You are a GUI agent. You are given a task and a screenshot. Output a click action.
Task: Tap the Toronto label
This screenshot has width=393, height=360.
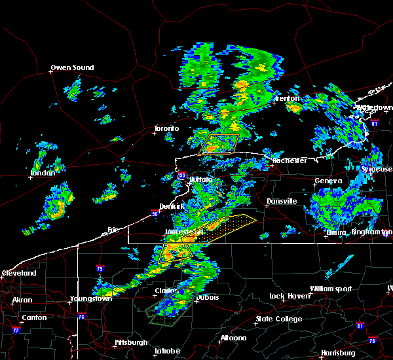coord(167,128)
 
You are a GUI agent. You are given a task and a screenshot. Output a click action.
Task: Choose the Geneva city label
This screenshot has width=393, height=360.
coord(328,181)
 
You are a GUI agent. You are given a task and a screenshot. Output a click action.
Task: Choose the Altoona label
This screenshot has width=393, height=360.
coord(233,338)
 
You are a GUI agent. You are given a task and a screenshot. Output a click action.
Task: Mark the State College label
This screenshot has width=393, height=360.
coord(279,319)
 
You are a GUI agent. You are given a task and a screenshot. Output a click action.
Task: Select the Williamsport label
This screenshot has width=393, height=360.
coord(331,289)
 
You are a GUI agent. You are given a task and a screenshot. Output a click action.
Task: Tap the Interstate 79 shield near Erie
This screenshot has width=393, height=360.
coord(100,268)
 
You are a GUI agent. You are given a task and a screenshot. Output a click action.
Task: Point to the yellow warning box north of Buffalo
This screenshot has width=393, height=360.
coord(219,143)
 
